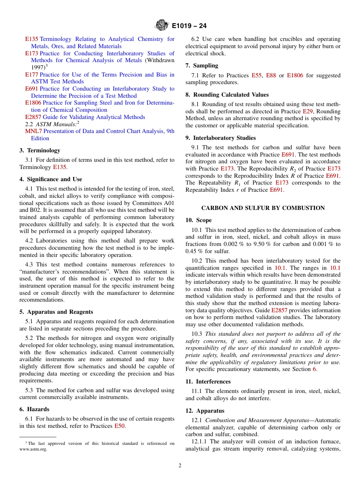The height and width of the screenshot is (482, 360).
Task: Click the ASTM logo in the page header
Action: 162,26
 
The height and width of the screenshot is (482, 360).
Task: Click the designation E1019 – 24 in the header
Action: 189,26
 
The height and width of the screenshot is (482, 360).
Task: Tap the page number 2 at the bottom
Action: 180,466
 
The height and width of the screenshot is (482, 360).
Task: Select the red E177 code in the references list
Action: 31,75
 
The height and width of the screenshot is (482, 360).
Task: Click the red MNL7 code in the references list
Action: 33,131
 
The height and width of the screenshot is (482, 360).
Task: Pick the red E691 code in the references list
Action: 31,89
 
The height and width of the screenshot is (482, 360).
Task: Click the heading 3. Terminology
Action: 40,150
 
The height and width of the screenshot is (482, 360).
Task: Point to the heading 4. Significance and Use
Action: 51,179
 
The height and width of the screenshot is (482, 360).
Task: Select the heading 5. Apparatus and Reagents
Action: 56,312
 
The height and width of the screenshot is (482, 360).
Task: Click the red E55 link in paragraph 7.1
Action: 256,75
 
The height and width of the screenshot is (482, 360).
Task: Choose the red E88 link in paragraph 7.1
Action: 271,75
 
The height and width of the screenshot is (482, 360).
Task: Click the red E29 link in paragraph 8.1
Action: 307,111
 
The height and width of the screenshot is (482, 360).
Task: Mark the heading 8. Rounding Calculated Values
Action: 227,95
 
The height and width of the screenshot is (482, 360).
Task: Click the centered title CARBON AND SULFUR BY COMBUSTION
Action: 263,208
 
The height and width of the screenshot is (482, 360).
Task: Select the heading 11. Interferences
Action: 208,382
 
